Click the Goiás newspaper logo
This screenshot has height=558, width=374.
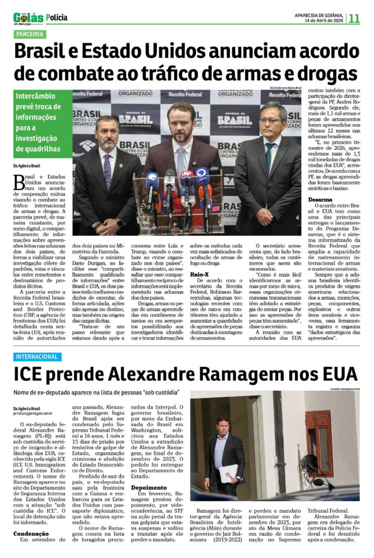point(28,18)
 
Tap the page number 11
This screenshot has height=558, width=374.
point(354,18)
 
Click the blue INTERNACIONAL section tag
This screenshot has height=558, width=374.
point(38,356)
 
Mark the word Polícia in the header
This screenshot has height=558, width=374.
point(57,17)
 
